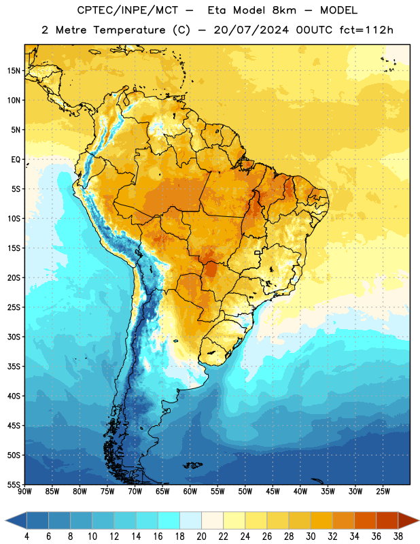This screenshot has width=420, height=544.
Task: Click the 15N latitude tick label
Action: pyautogui.click(x=14, y=71)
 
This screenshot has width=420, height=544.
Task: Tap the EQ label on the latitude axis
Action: pyautogui.click(x=16, y=160)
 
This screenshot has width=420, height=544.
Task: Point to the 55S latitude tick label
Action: pyautogui.click(x=14, y=484)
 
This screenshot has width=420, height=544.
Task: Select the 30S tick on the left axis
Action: pyautogui.click(x=14, y=337)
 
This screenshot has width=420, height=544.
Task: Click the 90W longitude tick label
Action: pyautogui.click(x=24, y=492)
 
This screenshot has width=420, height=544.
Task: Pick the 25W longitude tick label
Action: pyautogui.click(x=383, y=492)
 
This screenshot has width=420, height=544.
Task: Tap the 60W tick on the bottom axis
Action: pyautogui.click(x=190, y=492)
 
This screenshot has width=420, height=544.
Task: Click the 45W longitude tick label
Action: pyautogui.click(x=273, y=492)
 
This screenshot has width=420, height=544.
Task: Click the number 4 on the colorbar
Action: pyautogui.click(x=27, y=537)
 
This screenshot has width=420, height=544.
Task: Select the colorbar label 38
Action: pyautogui.click(x=398, y=537)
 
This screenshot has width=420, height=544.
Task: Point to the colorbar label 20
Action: pyautogui.click(x=201, y=537)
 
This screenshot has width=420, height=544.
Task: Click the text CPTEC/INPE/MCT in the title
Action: pyautogui.click(x=128, y=10)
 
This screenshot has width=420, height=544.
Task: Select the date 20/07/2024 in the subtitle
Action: pyautogui.click(x=251, y=30)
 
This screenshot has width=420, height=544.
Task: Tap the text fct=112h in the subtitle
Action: pyautogui.click(x=366, y=30)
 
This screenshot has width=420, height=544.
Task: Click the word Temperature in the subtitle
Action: pyautogui.click(x=129, y=30)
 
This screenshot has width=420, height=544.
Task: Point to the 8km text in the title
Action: pyautogui.click(x=284, y=10)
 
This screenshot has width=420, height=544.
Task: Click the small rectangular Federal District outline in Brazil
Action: pyautogui.click(x=258, y=253)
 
